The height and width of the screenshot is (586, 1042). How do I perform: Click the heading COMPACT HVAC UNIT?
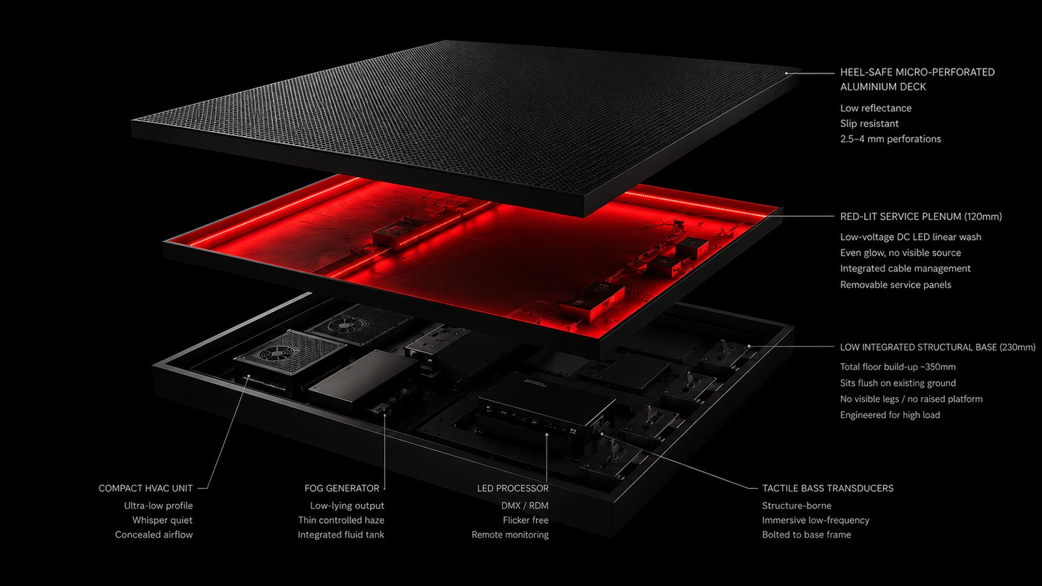click(145, 488)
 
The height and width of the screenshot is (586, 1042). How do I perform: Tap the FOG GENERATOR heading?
click(342, 488)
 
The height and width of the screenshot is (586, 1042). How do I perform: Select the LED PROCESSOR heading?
click(513, 488)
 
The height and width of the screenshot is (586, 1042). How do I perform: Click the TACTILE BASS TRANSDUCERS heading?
click(828, 488)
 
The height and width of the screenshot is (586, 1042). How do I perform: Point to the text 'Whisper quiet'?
click(162, 520)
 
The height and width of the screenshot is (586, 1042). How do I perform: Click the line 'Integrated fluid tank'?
click(341, 535)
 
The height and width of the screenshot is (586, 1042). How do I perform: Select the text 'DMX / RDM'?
click(525, 505)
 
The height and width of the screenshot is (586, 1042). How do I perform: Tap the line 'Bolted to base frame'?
click(807, 535)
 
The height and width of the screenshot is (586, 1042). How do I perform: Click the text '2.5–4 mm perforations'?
click(890, 139)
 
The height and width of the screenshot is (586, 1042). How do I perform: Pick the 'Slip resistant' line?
click(869, 124)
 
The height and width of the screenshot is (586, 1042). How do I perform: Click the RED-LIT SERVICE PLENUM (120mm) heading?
click(921, 216)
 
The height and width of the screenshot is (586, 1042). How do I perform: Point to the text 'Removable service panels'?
click(895, 285)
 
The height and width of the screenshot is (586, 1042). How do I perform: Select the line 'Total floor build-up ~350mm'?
click(898, 367)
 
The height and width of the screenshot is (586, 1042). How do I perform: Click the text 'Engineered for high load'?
click(890, 415)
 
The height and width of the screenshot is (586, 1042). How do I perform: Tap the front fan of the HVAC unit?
click(276, 354)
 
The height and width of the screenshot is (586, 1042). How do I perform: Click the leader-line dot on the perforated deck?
click(787, 73)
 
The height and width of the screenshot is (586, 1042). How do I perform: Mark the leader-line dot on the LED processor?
click(547, 434)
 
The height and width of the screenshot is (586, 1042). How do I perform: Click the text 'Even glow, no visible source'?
click(901, 253)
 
